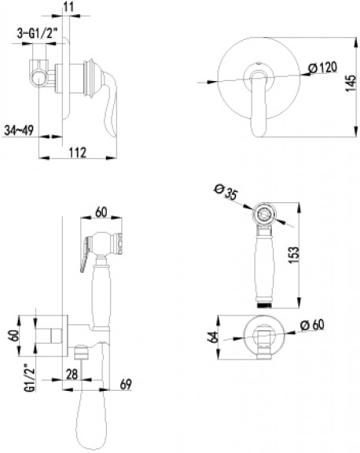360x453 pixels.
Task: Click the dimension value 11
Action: [68, 7]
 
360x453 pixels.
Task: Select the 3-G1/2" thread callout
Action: [37, 34]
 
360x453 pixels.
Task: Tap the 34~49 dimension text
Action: [19, 131]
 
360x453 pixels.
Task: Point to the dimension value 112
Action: [78, 152]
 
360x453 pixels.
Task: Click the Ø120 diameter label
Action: [322, 68]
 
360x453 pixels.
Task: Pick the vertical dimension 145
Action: [351, 83]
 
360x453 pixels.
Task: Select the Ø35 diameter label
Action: [226, 192]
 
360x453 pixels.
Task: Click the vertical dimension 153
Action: [294, 255]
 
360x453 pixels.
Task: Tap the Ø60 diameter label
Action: [312, 326]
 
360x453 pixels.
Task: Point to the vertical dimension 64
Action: [213, 337]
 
